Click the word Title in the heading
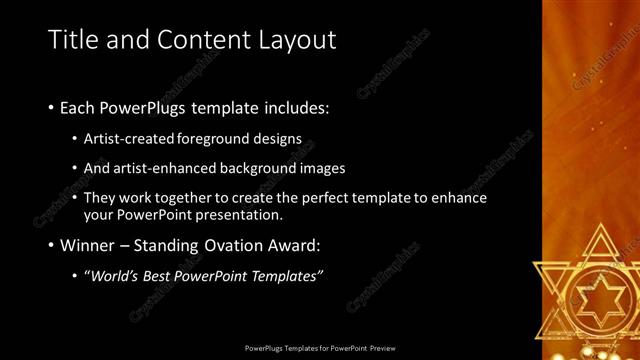click(x=72, y=39)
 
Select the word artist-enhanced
click(x=167, y=169)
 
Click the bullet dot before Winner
click(x=51, y=245)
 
